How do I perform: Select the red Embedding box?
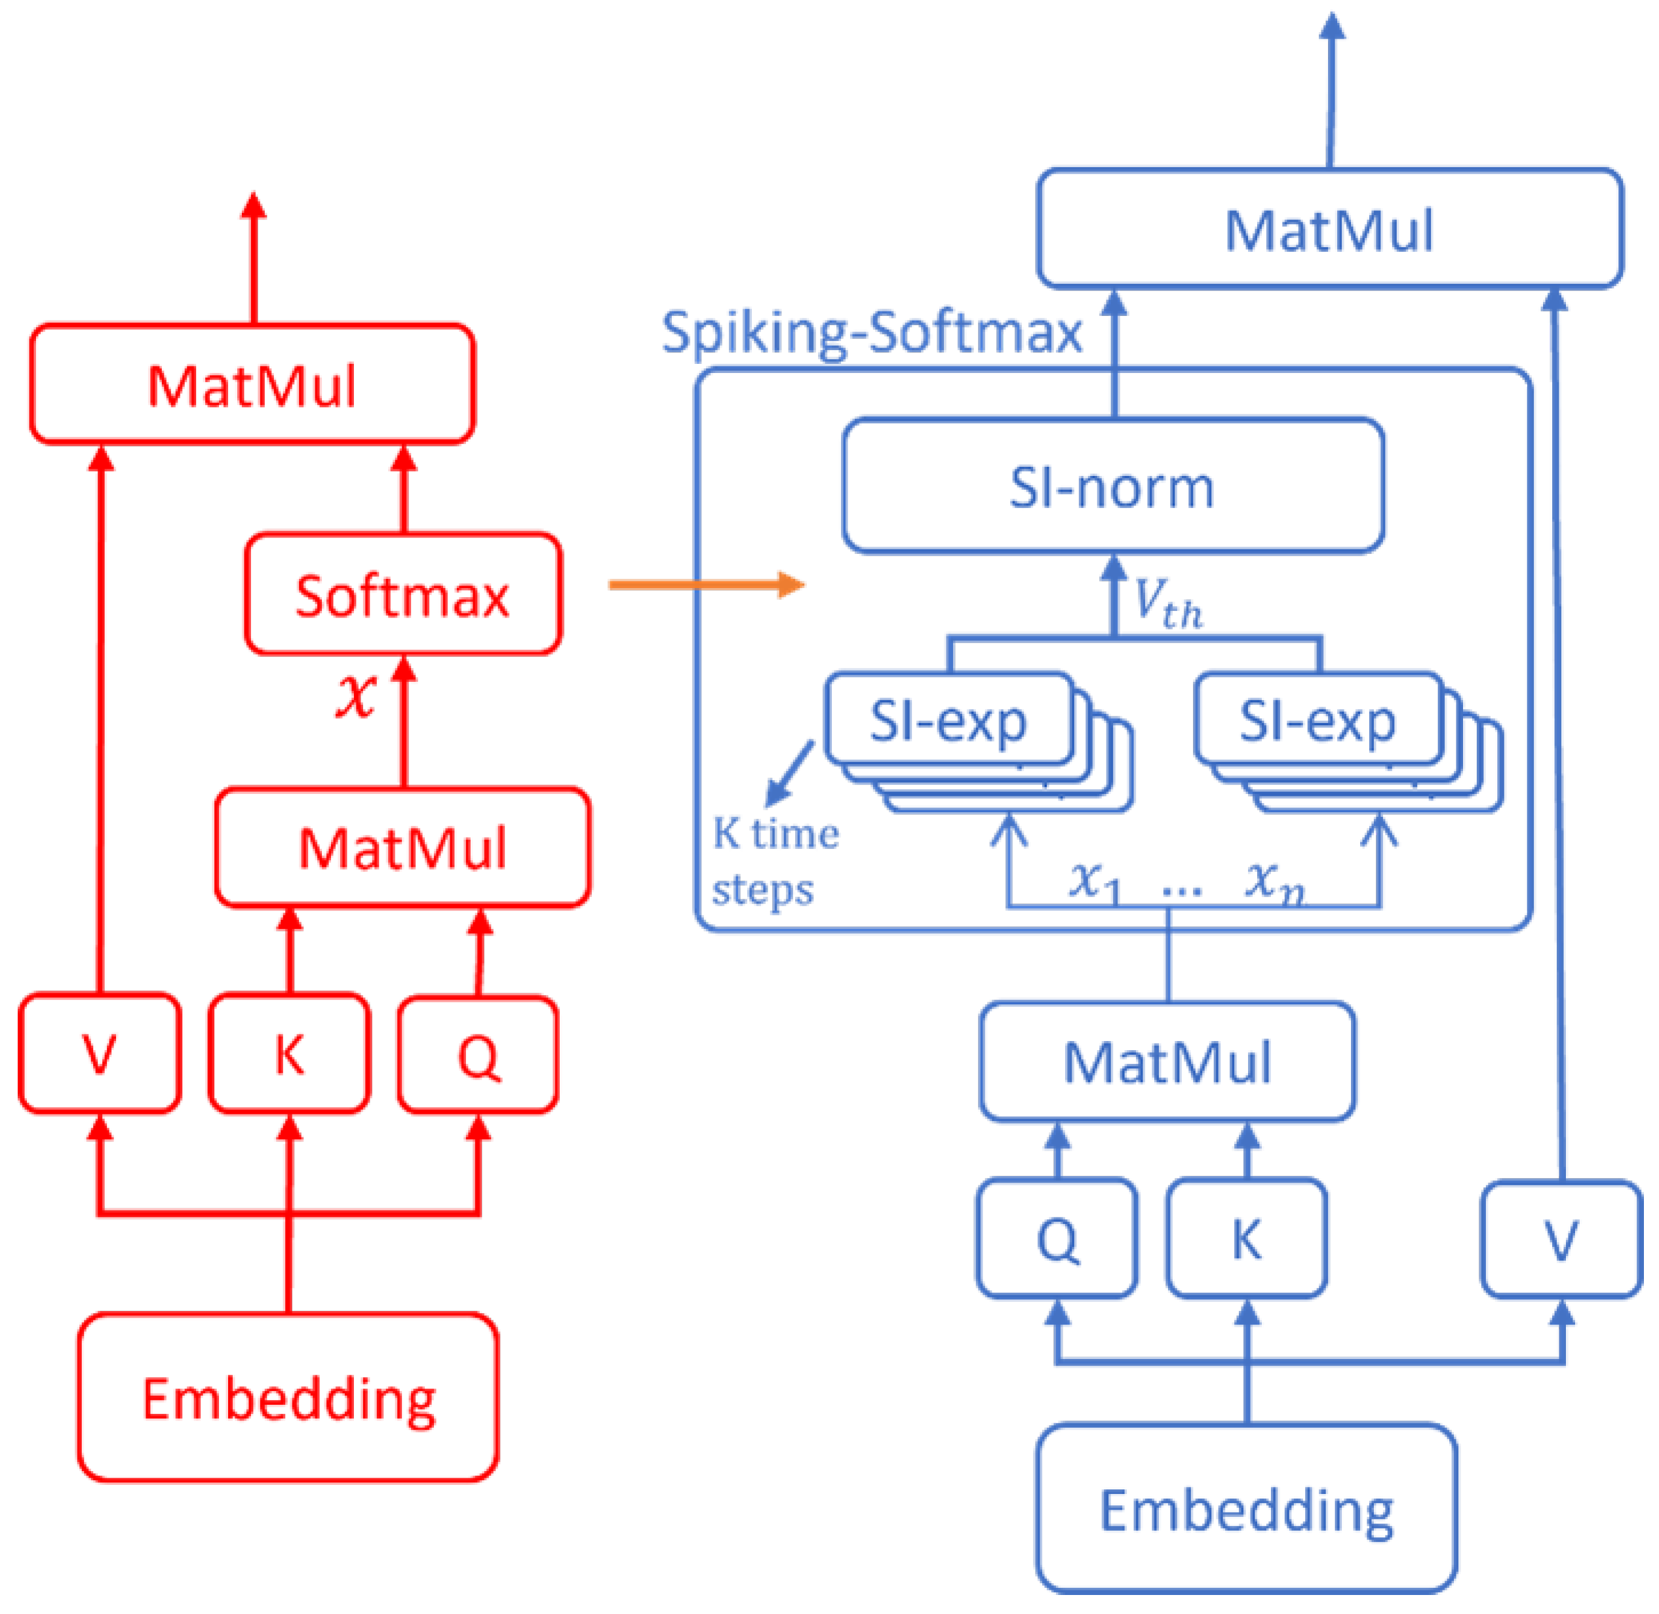pos(288,1398)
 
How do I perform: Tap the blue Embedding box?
pos(1247,1510)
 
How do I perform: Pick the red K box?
pos(290,1053)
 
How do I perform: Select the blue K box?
pos(1247,1238)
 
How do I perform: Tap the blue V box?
pos(1561,1238)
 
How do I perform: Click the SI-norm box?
pos(1113,486)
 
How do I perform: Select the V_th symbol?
pos(1168,604)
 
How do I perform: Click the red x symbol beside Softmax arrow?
pos(356,696)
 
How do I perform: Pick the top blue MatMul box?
pos(1330,229)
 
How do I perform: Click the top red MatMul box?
pos(252,384)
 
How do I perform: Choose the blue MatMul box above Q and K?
pos(1167,1062)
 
